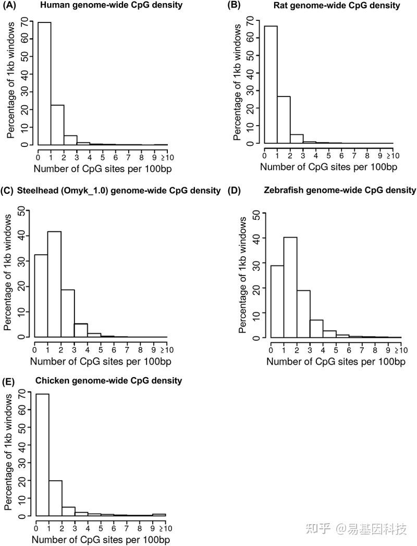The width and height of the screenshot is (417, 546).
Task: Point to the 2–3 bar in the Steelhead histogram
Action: (x=68, y=313)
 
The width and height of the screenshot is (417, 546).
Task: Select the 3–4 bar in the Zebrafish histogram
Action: (x=316, y=328)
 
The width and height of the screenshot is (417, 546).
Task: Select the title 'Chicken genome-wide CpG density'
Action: (x=108, y=381)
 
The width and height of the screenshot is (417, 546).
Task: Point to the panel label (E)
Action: (x=9, y=381)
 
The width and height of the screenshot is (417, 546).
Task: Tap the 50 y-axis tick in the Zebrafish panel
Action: (x=256, y=213)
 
